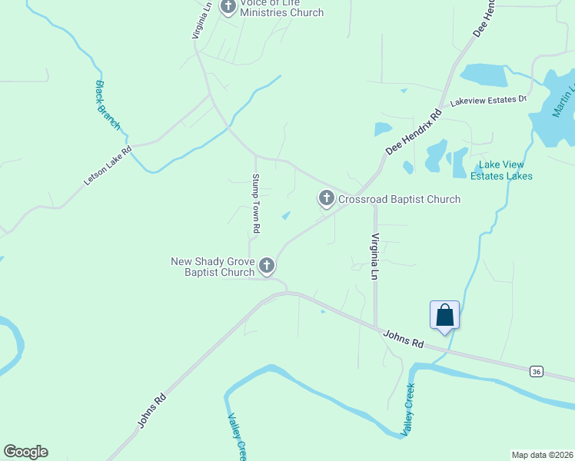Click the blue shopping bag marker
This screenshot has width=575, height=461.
444,316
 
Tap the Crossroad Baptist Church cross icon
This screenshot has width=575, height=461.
326,200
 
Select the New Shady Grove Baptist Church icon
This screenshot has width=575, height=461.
267,266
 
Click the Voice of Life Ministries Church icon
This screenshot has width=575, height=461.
228,7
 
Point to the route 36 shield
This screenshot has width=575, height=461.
536,372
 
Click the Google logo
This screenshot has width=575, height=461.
25,452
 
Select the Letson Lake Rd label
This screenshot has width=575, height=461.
108,165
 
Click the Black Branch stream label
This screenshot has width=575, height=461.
108,104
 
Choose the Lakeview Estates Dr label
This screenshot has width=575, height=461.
487,100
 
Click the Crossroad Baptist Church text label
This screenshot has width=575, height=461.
399,200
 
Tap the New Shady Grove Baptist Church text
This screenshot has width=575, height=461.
212,267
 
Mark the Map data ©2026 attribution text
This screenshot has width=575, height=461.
542,455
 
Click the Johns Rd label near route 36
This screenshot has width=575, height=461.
403,339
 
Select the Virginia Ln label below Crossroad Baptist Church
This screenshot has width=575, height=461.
376,257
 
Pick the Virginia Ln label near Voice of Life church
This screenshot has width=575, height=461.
202,19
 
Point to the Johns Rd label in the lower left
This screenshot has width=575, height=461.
151,410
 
